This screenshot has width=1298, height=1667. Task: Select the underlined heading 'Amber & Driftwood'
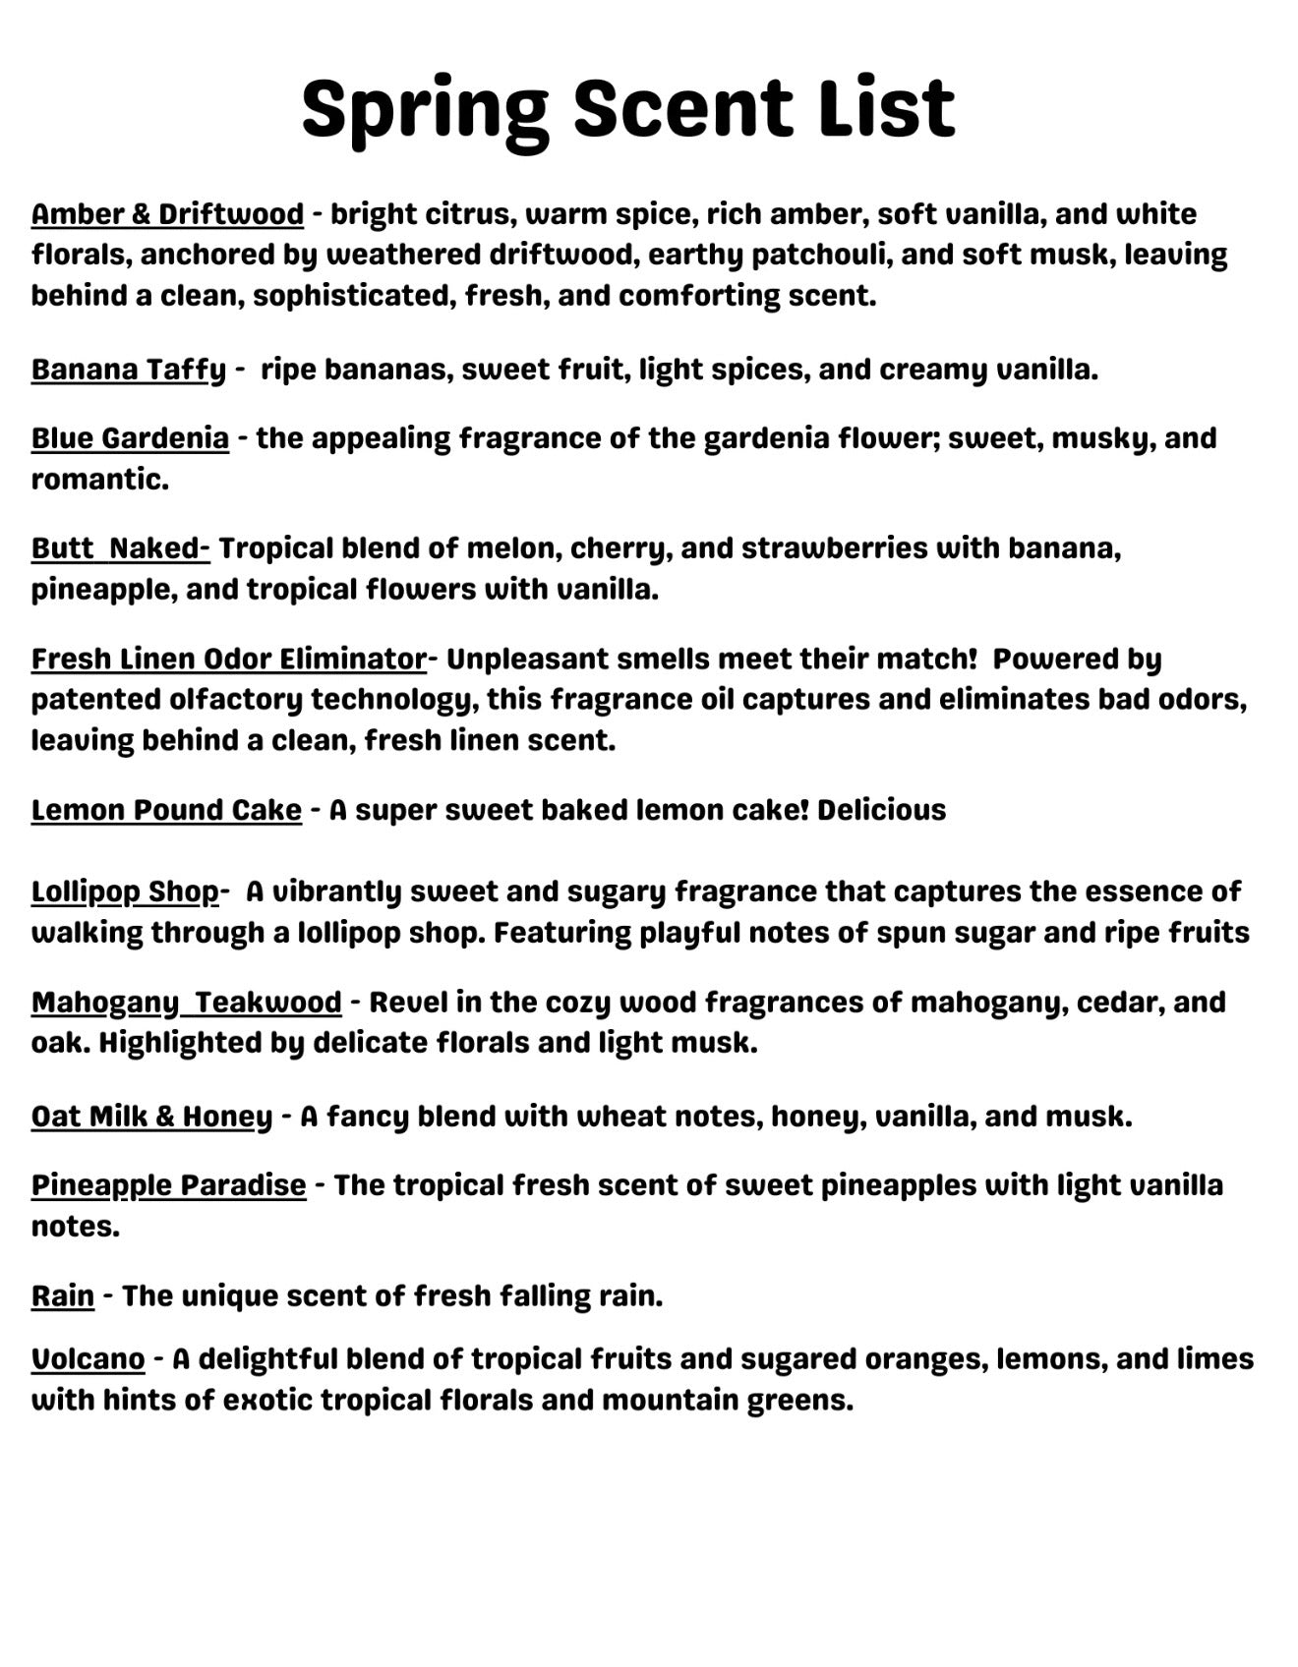pyautogui.click(x=167, y=214)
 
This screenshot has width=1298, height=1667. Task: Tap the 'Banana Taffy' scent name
pyautogui.click(x=129, y=370)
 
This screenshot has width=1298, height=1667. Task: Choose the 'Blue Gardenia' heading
pyautogui.click(x=130, y=438)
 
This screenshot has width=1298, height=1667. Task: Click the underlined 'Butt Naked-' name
pyautogui.click(x=120, y=548)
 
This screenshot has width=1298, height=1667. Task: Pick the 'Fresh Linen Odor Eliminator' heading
pyautogui.click(x=228, y=659)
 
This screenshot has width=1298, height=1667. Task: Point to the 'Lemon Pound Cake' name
pyautogui.click(x=166, y=810)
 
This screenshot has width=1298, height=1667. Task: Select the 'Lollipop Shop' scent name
pyautogui.click(x=125, y=891)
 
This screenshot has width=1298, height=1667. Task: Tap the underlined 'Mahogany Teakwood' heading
pyautogui.click(x=186, y=1003)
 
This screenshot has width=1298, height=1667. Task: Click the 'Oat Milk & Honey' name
pyautogui.click(x=151, y=1117)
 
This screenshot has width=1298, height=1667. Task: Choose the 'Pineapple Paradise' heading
pyautogui.click(x=168, y=1185)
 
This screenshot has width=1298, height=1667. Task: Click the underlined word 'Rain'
pyautogui.click(x=63, y=1295)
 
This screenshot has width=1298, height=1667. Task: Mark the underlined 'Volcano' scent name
pyautogui.click(x=88, y=1359)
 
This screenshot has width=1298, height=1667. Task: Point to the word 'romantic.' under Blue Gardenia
pyautogui.click(x=99, y=480)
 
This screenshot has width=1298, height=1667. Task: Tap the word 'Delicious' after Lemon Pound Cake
pyautogui.click(x=881, y=810)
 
